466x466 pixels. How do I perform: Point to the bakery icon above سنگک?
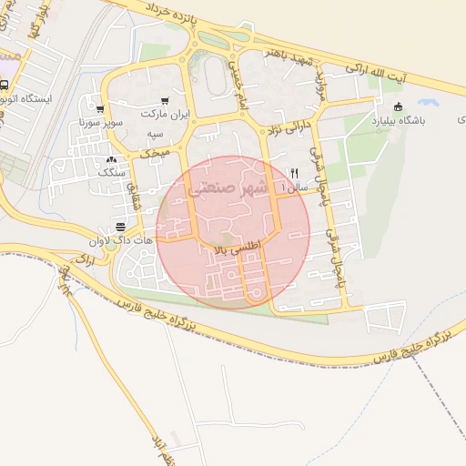111,158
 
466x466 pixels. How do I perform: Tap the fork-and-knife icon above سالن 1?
293,173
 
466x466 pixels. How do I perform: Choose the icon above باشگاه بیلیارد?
398,106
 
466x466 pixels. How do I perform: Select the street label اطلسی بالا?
236,246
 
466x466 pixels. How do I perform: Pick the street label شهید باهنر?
289,56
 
